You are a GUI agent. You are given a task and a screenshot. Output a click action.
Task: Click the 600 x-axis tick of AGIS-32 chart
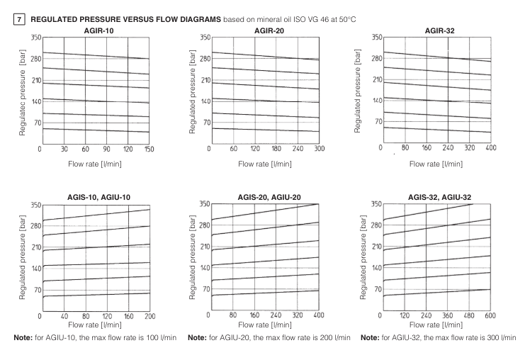[491, 316]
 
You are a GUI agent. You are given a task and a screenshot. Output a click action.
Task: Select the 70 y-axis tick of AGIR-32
[376, 121]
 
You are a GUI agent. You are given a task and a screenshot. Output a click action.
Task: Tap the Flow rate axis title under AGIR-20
[264, 164]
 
